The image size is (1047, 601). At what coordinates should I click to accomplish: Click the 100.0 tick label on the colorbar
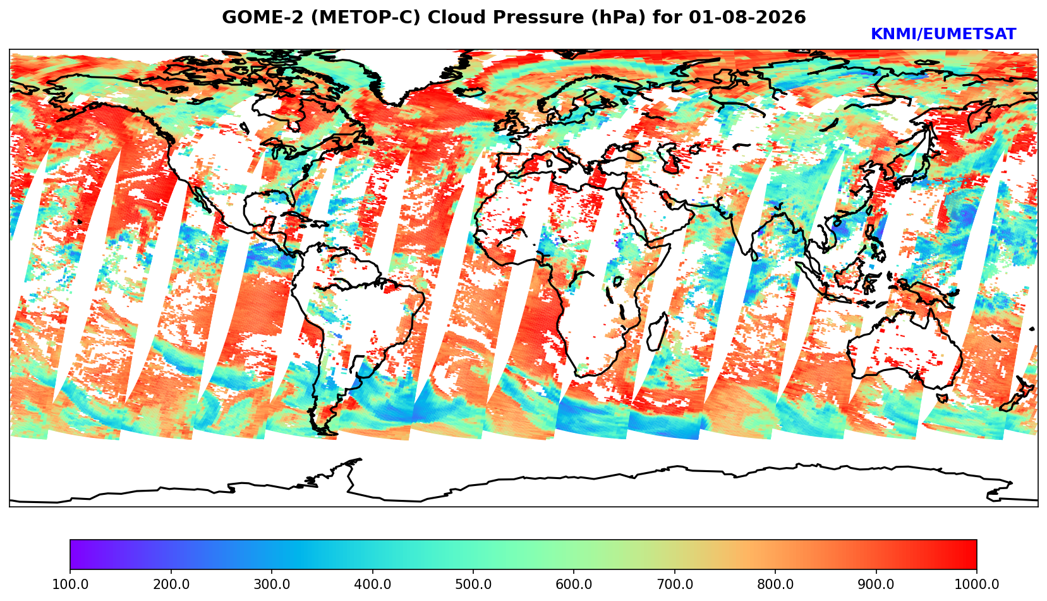70,584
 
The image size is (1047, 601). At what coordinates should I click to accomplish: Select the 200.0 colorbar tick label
171,584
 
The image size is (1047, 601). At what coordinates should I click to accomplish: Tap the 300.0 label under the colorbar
272,584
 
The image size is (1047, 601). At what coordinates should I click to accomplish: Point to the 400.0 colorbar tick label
373,584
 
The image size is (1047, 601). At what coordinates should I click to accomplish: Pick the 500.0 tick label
473,584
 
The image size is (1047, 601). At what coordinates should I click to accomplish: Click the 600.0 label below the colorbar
574,584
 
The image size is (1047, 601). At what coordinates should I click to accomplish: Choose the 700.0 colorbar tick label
674,584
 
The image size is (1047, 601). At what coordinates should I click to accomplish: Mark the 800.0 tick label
775,584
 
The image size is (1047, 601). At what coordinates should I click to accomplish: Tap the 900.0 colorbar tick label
876,584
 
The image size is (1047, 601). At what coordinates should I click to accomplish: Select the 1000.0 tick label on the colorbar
977,584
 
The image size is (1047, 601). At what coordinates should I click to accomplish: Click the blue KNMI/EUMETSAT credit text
943,34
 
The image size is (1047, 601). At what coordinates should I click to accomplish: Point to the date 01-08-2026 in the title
747,17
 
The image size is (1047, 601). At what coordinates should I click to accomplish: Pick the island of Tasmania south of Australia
942,398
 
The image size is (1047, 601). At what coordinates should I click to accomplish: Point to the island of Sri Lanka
753,255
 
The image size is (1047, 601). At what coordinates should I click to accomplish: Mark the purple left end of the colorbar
71,554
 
